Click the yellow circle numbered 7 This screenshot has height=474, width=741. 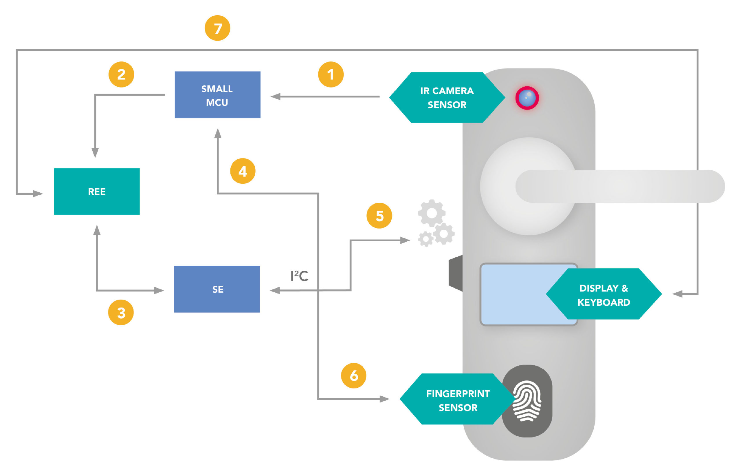click(218, 28)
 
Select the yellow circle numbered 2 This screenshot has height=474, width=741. click(121, 74)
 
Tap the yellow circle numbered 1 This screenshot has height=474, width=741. click(331, 74)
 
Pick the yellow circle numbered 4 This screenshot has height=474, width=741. click(243, 171)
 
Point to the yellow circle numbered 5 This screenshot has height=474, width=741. click(379, 216)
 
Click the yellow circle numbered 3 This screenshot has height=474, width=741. click(121, 312)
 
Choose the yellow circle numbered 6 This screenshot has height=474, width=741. click(354, 375)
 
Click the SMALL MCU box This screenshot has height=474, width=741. click(218, 94)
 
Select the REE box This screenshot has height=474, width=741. click(97, 191)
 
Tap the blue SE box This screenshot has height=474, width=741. click(217, 289)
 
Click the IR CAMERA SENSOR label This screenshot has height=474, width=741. click(447, 97)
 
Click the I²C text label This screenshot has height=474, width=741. click(299, 276)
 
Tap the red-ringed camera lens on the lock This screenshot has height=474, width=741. click(527, 98)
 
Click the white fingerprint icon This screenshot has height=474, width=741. click(527, 401)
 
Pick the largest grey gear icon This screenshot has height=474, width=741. click(431, 213)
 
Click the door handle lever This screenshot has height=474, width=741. click(620, 186)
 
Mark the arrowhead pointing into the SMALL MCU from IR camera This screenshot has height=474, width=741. click(275, 96)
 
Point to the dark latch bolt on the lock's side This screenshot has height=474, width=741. click(455, 273)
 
